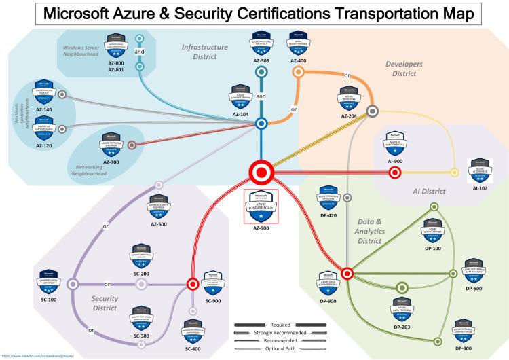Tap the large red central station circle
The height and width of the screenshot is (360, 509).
261,173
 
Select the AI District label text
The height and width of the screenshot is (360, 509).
429,192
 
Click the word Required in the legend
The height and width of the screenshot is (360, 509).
280,325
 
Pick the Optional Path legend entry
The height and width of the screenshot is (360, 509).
280,348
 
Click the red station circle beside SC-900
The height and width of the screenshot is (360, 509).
192,284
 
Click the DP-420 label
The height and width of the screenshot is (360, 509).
328,213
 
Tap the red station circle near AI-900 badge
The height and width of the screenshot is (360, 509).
395,173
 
